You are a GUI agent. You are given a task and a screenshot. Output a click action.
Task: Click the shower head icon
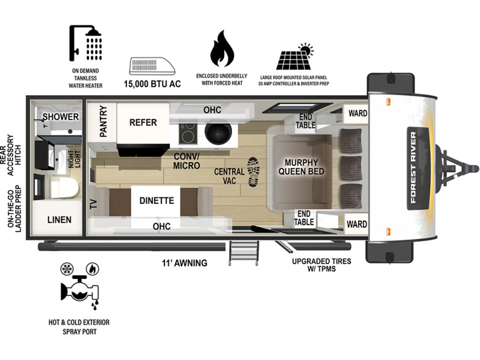click(85, 43)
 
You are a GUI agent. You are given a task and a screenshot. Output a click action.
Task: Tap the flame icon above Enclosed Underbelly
click(222, 49)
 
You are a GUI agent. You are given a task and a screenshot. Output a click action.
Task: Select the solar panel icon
click(295, 57)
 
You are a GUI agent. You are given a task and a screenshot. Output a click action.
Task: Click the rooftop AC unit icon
click(152, 66)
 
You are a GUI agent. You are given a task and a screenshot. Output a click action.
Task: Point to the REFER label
click(143, 122)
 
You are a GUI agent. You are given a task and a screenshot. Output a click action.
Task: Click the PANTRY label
click(104, 121)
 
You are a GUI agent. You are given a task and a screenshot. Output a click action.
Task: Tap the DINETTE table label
click(157, 201)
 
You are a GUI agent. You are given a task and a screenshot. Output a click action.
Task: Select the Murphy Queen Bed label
click(301, 167)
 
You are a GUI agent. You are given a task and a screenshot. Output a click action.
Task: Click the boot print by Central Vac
click(254, 172)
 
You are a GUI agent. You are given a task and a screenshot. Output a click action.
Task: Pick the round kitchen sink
click(217, 134)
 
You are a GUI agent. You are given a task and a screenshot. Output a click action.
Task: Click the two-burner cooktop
click(188, 133)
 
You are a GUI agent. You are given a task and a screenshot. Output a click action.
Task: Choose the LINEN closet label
click(60, 220)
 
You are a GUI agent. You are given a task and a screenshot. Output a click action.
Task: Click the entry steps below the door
click(244, 252)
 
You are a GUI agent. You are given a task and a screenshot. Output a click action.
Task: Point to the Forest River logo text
click(413, 168)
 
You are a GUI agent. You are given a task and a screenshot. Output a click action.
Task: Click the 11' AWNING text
click(185, 263)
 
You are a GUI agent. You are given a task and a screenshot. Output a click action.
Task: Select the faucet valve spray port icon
click(80, 291)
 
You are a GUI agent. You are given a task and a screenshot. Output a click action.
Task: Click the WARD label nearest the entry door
click(357, 224)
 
